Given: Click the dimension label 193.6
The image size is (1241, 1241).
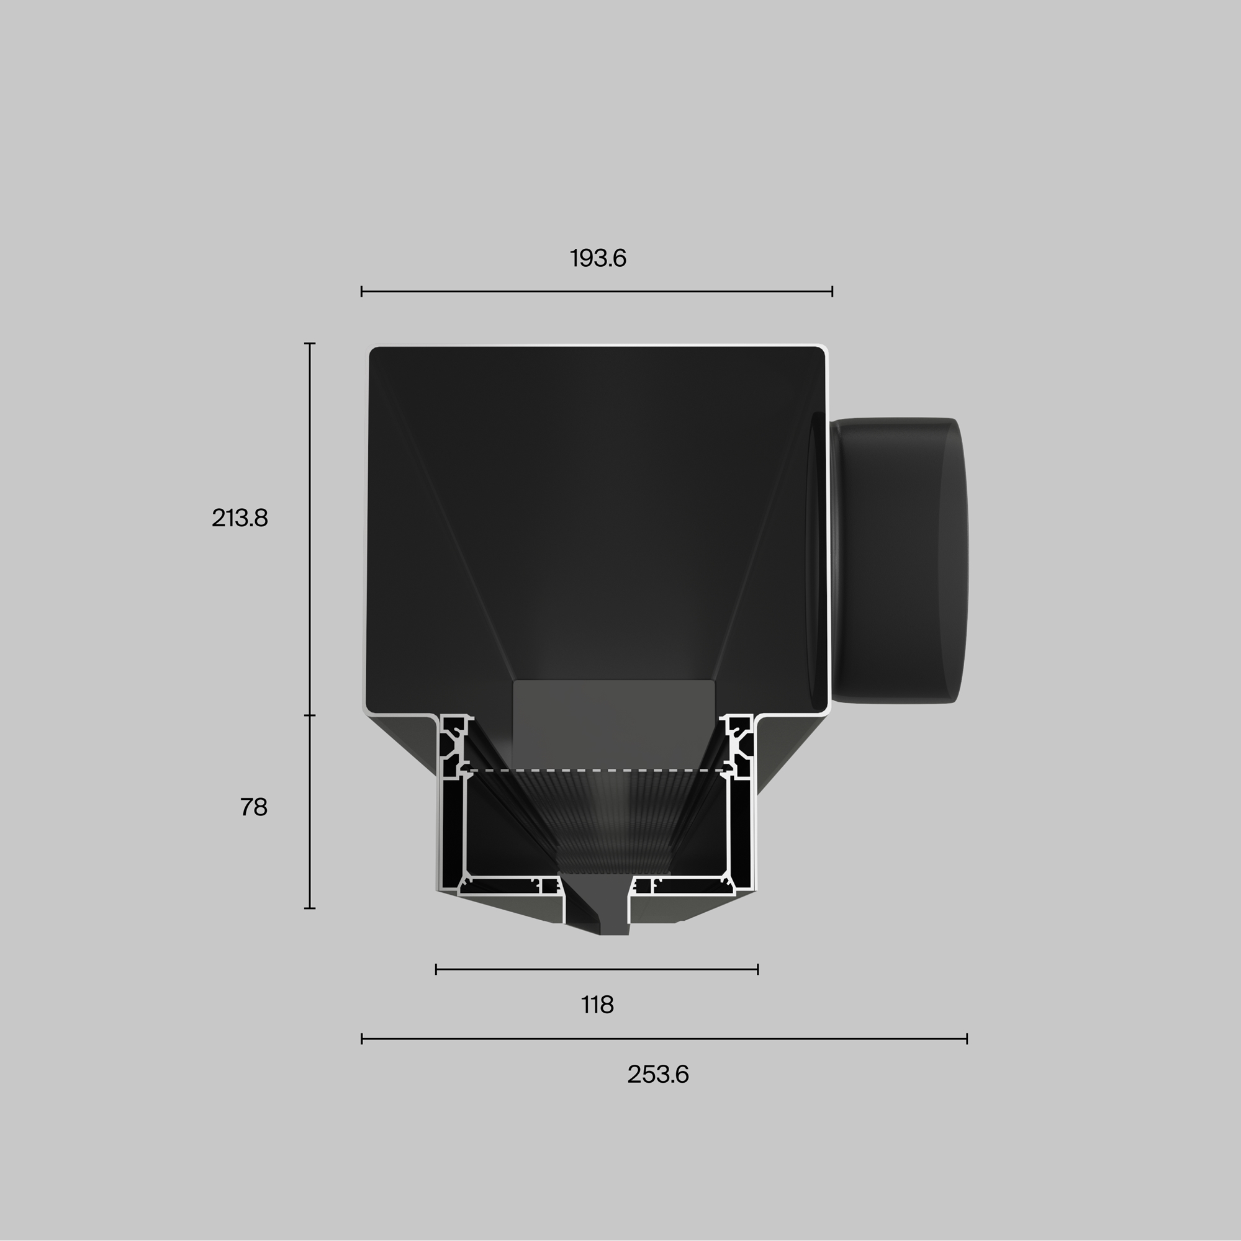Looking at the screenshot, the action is click(598, 258).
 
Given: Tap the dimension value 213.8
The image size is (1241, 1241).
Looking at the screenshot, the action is click(240, 517).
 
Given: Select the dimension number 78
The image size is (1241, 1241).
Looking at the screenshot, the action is click(254, 807).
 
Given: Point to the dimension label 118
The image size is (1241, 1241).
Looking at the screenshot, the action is click(598, 1005).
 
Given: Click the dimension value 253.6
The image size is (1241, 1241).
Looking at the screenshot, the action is click(658, 1074).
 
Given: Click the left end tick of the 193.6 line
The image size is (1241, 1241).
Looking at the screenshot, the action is click(362, 292).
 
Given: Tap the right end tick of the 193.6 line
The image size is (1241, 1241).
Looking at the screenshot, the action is click(833, 292).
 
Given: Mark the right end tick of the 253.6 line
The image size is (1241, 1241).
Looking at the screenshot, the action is click(967, 1039).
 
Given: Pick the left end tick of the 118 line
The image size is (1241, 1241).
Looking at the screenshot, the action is click(436, 969).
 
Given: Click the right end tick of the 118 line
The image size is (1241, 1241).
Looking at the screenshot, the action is click(759, 969).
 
